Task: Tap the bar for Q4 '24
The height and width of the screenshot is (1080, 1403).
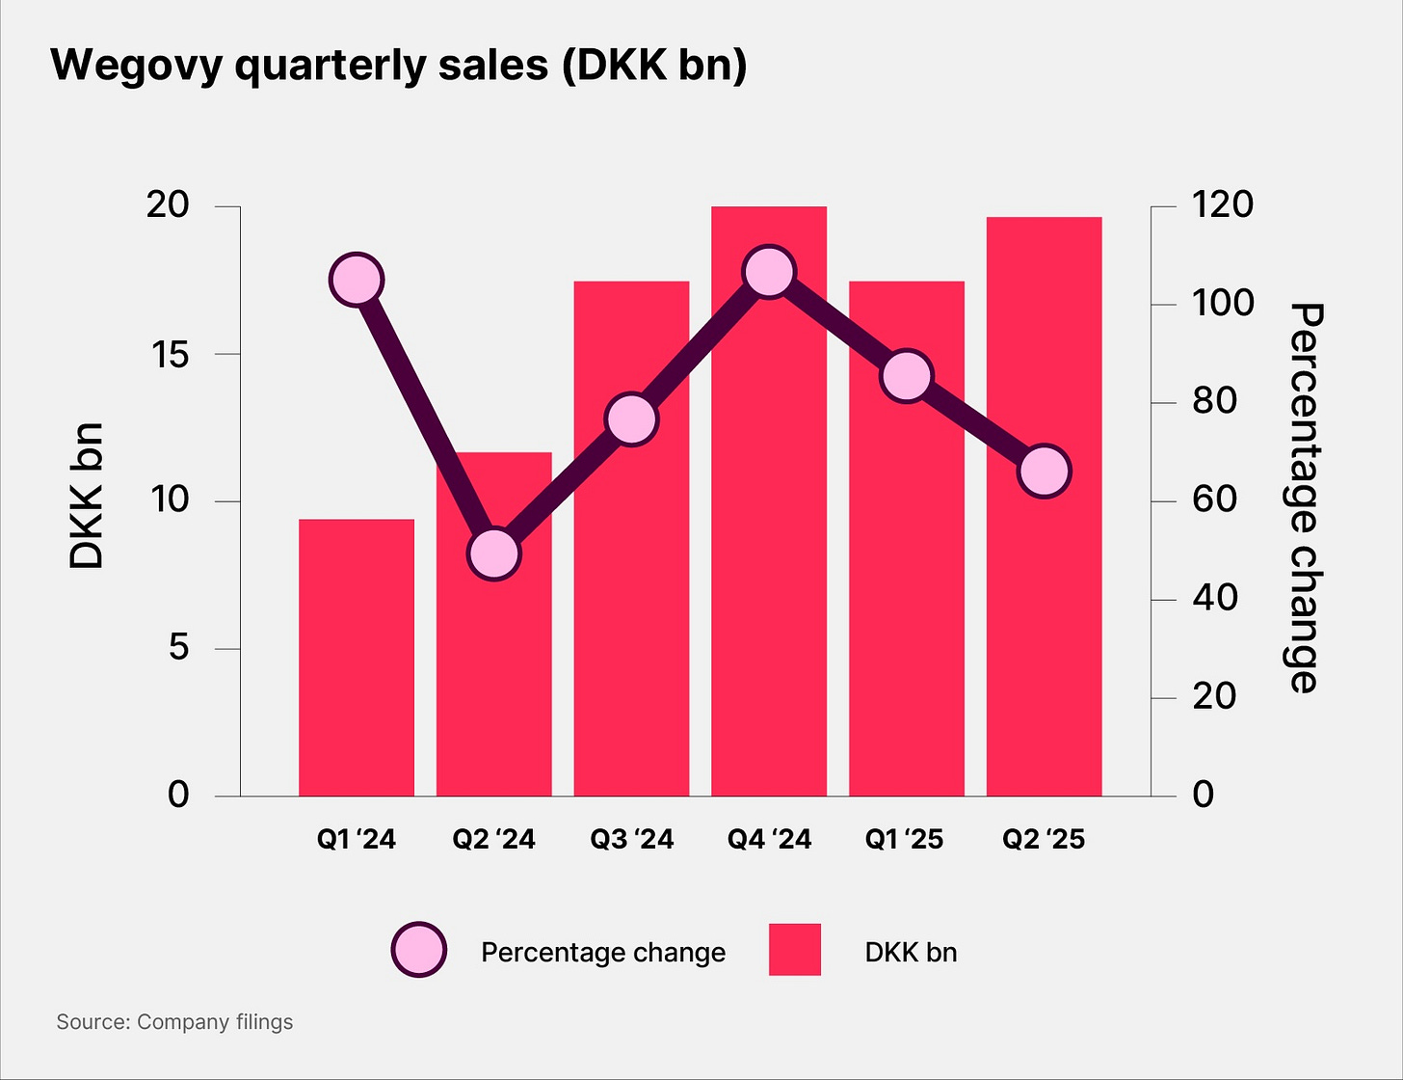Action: coord(769,540)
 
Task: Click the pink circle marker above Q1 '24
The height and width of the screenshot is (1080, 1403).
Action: coord(357,281)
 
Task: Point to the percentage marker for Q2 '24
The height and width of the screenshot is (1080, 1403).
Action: coord(494,553)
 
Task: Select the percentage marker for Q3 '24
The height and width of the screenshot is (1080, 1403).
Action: coord(631,419)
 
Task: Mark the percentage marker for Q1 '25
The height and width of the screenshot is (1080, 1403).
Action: coord(907,376)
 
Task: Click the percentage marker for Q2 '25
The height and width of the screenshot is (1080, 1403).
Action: coord(1045,472)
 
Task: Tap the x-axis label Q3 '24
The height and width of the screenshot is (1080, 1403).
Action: coord(631,840)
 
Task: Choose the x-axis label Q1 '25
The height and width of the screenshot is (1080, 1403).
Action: coord(904,840)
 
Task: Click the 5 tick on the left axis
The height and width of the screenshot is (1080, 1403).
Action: coord(178,648)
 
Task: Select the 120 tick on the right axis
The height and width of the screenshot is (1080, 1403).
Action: coord(1222,205)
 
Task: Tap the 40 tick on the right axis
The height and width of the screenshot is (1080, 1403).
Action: coord(1214,599)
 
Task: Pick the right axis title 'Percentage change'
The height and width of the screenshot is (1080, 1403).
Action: coord(1306,498)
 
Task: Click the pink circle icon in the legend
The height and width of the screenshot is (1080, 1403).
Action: coord(419,951)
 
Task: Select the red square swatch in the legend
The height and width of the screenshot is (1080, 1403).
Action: coord(795,950)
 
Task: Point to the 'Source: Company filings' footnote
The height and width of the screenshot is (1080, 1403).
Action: coord(174,1022)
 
